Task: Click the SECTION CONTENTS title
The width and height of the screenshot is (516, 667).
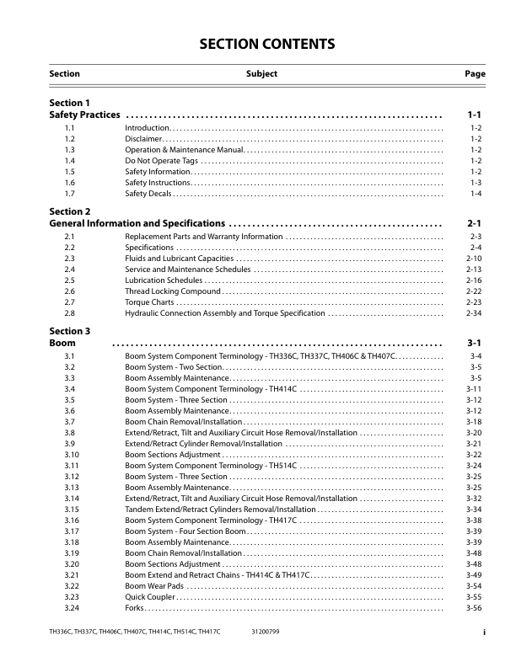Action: (x=257, y=45)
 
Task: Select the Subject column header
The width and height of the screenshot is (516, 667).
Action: (x=261, y=74)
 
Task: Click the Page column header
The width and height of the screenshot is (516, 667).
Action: (x=475, y=74)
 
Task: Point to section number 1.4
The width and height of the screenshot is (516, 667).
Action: (x=70, y=160)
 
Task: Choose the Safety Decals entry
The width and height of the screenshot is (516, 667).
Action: (x=148, y=194)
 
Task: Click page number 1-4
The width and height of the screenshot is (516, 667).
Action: (x=476, y=194)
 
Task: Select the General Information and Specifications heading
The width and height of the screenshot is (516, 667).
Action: (x=137, y=224)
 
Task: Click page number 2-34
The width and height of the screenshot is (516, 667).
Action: (x=474, y=313)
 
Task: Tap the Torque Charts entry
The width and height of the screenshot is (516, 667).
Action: (x=150, y=301)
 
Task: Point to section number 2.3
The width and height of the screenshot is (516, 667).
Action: (x=70, y=258)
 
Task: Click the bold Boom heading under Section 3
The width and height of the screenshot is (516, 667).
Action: (x=62, y=344)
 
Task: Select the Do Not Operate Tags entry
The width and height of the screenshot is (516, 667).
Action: (x=162, y=160)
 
